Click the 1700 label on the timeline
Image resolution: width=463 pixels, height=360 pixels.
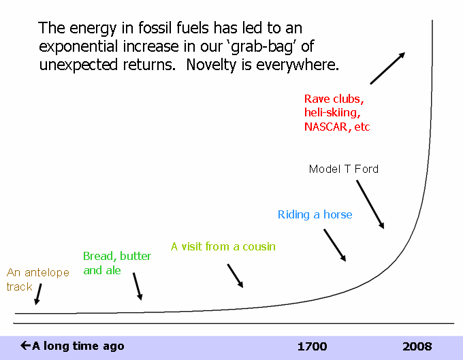tap(312, 346)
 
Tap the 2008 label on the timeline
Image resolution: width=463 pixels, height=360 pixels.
tap(417, 346)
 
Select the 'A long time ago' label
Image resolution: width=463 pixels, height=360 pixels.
tap(72, 346)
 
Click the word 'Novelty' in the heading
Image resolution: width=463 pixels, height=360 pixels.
tap(212, 65)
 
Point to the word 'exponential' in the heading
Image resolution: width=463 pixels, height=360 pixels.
tap(79, 47)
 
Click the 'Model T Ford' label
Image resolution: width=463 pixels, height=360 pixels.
tap(343, 169)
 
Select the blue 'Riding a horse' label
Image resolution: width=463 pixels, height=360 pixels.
tap(315, 214)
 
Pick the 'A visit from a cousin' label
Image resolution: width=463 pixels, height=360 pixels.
tap(223, 246)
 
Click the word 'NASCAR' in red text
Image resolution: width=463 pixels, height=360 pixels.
tap(326, 127)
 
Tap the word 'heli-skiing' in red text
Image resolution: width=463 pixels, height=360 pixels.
tap(332, 113)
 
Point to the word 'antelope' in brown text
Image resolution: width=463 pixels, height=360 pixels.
tap(47, 273)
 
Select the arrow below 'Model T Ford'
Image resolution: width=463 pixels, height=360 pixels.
tap(370, 204)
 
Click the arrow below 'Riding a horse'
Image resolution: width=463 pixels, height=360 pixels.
tap(334, 245)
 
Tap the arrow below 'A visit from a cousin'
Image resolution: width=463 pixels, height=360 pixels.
tap(235, 276)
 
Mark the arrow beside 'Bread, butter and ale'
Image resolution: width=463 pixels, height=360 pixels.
tap(138, 287)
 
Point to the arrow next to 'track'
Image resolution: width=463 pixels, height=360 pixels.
tap(38, 294)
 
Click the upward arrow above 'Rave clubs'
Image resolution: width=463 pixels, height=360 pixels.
tap(387, 68)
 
